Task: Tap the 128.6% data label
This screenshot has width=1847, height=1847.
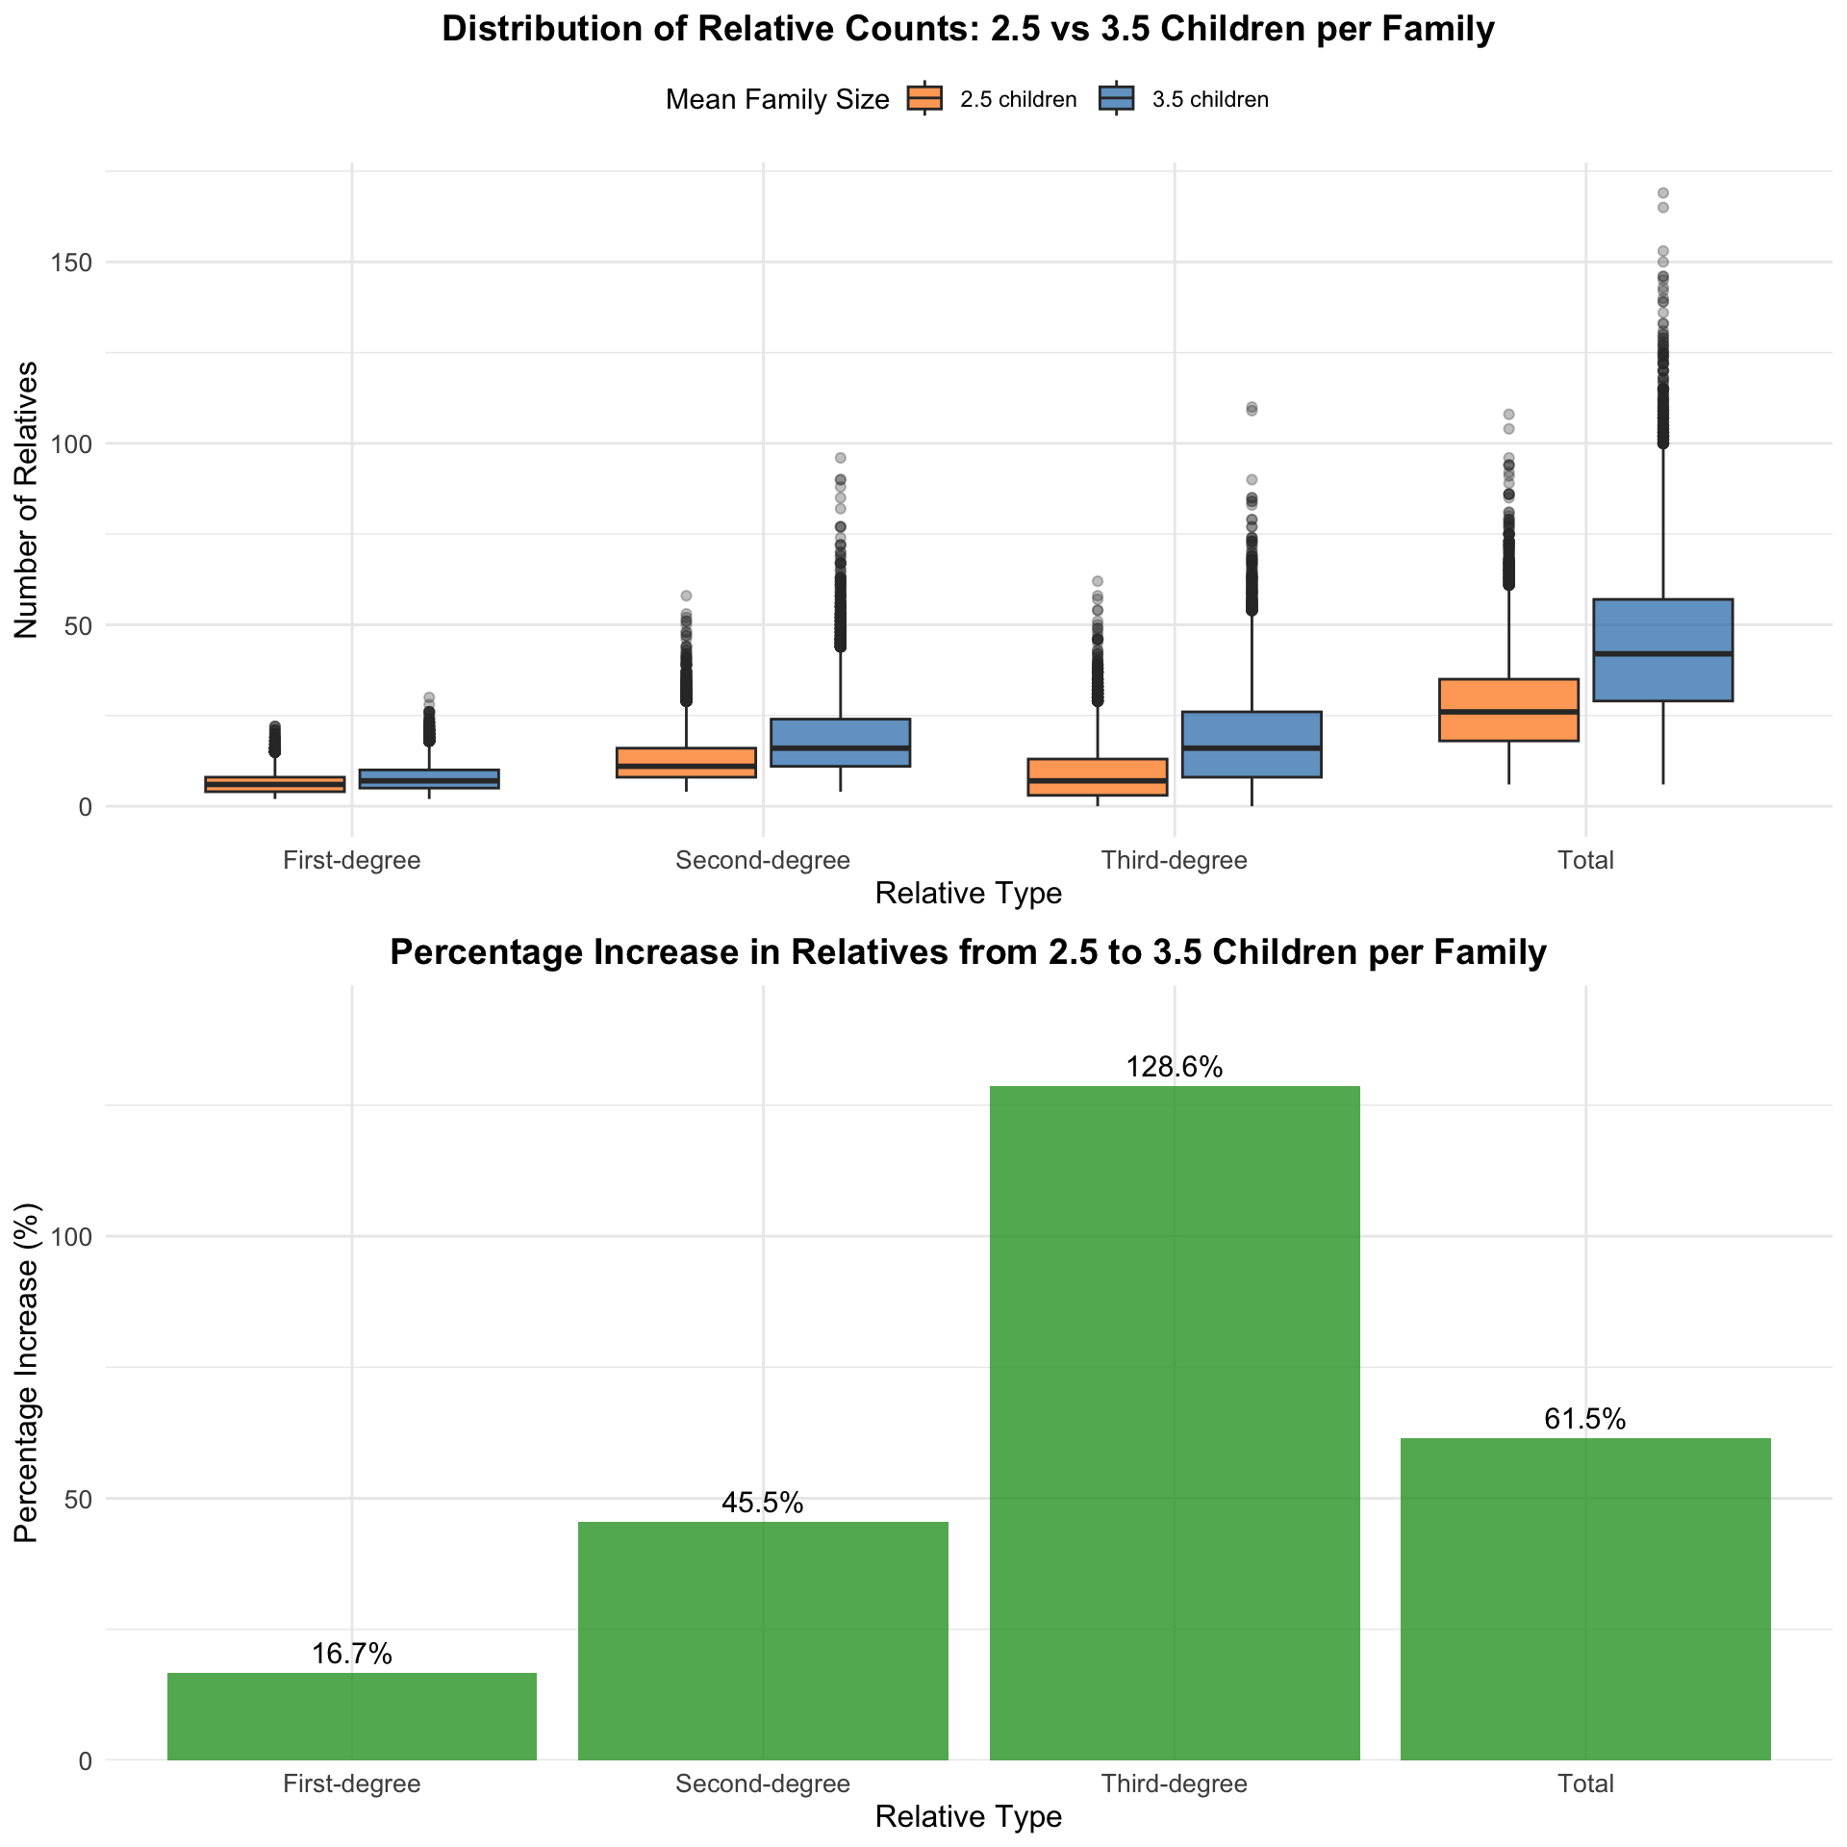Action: pyautogui.click(x=1175, y=1067)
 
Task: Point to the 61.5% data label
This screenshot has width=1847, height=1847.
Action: pyautogui.click(x=1585, y=1419)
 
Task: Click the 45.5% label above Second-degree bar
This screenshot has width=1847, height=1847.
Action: pyautogui.click(x=763, y=1503)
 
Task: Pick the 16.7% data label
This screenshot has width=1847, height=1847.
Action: pyautogui.click(x=352, y=1654)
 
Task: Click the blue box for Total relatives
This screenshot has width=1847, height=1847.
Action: pyautogui.click(x=1662, y=649)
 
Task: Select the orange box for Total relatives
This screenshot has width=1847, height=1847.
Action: pyautogui.click(x=1508, y=710)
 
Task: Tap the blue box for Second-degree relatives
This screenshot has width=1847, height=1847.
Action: pyautogui.click(x=840, y=743)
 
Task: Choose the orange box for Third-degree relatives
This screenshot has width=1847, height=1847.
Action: pyautogui.click(x=1098, y=777)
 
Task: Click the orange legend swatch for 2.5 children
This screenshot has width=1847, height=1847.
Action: pyautogui.click(x=924, y=98)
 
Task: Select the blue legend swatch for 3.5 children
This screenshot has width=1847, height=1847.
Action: pyautogui.click(x=1116, y=98)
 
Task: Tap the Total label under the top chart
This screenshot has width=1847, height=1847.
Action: pyautogui.click(x=1585, y=860)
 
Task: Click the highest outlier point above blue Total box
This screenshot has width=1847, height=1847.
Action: pyautogui.click(x=1662, y=193)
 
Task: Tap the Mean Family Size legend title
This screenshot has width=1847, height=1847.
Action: pyautogui.click(x=777, y=99)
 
